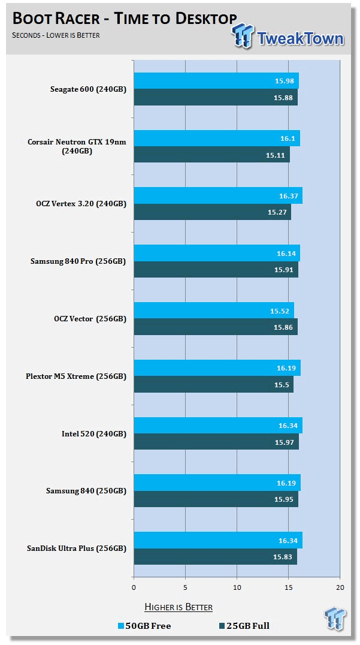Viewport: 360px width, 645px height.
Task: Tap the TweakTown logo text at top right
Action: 300,39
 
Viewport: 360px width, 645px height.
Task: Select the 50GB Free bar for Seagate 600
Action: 216,81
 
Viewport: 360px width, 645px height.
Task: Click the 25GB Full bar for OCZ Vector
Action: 215,327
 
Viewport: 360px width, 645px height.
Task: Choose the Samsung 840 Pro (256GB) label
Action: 78,261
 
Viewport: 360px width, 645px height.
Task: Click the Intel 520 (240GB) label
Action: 94,433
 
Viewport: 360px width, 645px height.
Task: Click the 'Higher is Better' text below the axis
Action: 179,607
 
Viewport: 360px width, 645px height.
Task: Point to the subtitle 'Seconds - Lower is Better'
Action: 56,35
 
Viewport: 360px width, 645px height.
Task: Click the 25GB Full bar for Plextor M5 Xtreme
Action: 213,384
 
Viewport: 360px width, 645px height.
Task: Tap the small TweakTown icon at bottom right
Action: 335,620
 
